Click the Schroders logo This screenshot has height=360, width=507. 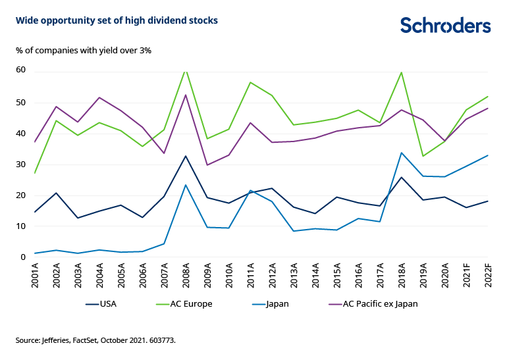(x=446, y=26)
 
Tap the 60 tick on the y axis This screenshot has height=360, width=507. (x=20, y=70)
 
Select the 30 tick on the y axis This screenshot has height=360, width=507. (x=20, y=164)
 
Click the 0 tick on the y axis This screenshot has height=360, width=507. (x=23, y=257)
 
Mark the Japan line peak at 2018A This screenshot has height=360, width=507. (x=402, y=153)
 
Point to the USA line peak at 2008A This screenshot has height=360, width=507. (x=186, y=156)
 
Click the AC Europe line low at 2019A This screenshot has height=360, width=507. (x=423, y=156)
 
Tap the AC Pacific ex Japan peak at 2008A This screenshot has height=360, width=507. (x=186, y=95)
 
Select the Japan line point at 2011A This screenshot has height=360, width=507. (x=251, y=190)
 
